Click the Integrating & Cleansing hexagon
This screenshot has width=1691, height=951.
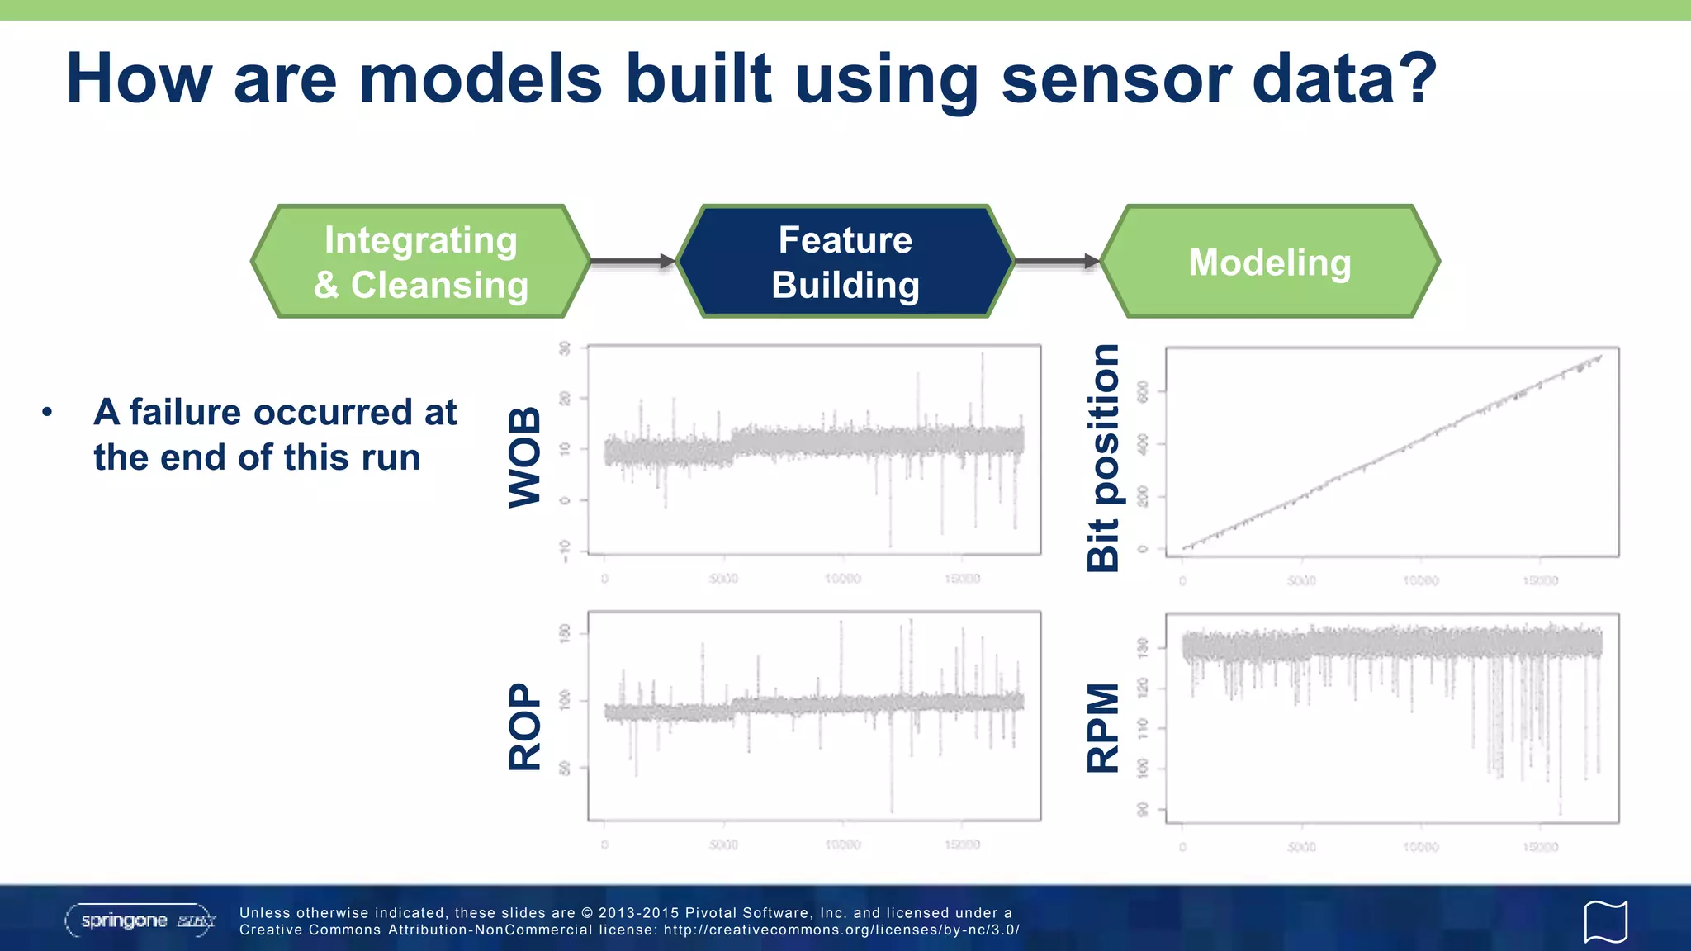click(421, 262)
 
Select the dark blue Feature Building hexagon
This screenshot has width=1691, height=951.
click(845, 262)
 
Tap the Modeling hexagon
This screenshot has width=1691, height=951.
click(1270, 262)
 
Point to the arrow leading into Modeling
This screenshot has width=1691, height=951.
click(1057, 262)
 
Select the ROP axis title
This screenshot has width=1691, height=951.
click(525, 726)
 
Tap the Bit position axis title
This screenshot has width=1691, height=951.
click(1103, 458)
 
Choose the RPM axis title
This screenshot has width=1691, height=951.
click(1103, 727)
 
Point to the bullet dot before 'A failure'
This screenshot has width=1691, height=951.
click(48, 411)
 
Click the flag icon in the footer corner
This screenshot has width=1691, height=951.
click(1605, 921)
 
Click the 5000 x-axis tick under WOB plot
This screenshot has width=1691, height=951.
click(723, 579)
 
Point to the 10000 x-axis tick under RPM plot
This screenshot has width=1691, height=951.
click(1420, 847)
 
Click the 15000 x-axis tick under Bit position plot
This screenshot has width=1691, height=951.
click(1540, 581)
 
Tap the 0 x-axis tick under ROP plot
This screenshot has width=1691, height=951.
click(604, 845)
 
